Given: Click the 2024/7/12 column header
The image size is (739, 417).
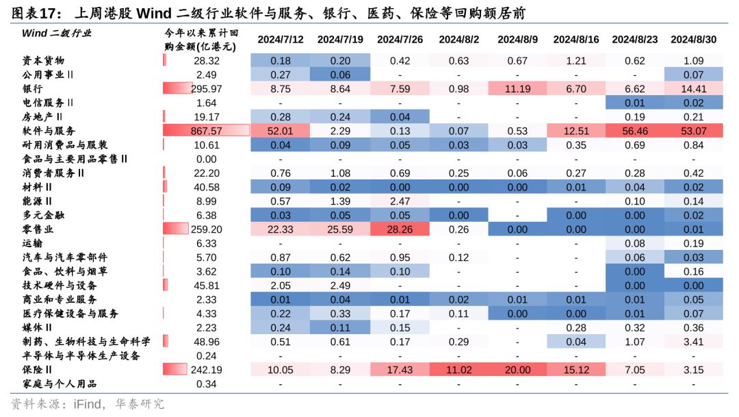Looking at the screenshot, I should pos(281,40).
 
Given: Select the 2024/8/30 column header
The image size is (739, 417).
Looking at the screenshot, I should pos(693,40).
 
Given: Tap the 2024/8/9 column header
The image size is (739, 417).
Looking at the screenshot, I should pos(517,40).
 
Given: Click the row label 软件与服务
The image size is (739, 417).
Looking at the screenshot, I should pos(49,131).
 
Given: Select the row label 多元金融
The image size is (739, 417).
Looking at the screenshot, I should pos(43,215).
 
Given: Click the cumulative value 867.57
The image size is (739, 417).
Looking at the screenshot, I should pos(207,131).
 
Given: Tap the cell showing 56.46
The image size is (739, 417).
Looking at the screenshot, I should pos(634,131).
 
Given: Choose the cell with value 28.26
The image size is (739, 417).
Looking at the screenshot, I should pos(399,229).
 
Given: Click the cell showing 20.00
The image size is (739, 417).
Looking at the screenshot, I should pos(517,370).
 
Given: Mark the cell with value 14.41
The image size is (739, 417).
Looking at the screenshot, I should pos(693,89).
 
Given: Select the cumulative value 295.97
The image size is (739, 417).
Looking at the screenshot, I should pos(207,89).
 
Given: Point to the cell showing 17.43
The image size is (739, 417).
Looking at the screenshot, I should pos(399,370).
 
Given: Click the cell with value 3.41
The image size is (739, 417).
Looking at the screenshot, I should pos(693,342).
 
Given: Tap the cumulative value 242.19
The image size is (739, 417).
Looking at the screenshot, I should pos(207,370).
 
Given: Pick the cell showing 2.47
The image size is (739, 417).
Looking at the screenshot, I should pos(399,201).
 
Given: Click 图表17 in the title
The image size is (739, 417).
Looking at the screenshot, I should pos(34,14).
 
